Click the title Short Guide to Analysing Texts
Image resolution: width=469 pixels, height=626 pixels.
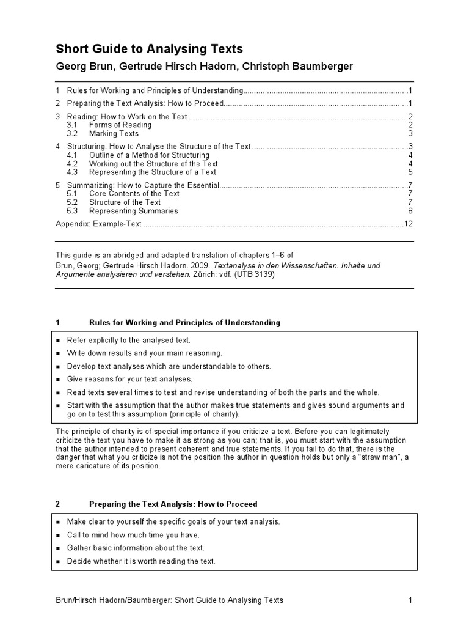(x=150, y=49)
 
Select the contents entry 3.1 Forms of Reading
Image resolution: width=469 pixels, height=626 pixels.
(x=120, y=125)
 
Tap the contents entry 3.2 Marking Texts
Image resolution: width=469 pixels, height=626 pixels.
(x=114, y=133)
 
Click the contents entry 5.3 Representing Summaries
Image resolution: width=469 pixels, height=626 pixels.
(x=133, y=211)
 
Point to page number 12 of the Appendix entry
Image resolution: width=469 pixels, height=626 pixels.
(x=409, y=224)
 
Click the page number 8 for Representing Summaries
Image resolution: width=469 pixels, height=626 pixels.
(x=411, y=211)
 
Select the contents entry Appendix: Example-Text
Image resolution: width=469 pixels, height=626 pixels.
(x=98, y=224)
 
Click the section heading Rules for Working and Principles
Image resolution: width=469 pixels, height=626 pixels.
(x=184, y=322)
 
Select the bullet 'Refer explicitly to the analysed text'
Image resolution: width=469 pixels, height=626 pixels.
(x=129, y=340)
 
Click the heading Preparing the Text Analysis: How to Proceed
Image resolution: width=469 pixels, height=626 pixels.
(x=173, y=504)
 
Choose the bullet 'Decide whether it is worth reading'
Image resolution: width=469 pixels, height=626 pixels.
(x=141, y=561)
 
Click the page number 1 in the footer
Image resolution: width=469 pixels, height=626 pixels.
(x=411, y=600)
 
